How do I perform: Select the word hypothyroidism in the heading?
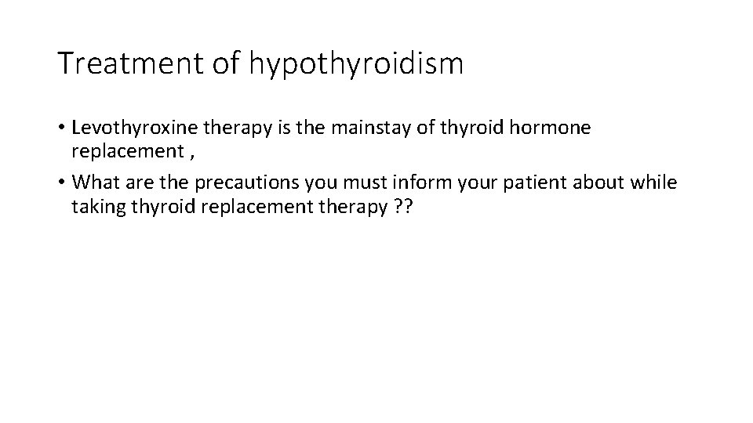click(357, 65)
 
